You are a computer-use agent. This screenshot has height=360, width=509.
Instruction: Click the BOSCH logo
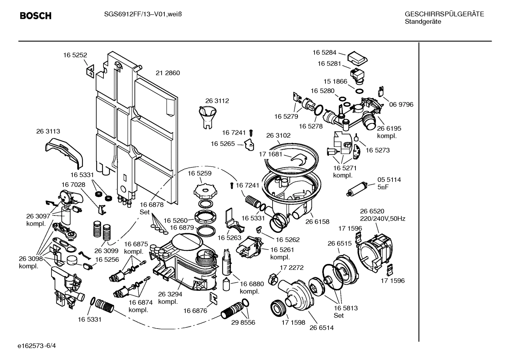pos(36,16)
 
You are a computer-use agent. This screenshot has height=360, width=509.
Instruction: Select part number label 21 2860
pos(168,73)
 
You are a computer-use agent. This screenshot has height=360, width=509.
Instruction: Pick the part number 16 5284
pos(324,53)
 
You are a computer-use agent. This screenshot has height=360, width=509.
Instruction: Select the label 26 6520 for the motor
pos(372,211)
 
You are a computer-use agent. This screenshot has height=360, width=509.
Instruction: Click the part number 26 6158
pos(317,222)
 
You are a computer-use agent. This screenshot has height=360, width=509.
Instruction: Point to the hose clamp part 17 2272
pos(274,278)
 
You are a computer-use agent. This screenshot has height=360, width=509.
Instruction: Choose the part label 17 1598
pos(293,323)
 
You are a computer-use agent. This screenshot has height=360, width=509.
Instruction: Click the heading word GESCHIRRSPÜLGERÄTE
pos(444,14)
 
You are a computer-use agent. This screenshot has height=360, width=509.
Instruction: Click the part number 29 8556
pos(243,323)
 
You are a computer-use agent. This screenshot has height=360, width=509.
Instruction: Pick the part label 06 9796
pos(401,105)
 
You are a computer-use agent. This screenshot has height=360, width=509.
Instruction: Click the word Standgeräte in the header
pos(423,22)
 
